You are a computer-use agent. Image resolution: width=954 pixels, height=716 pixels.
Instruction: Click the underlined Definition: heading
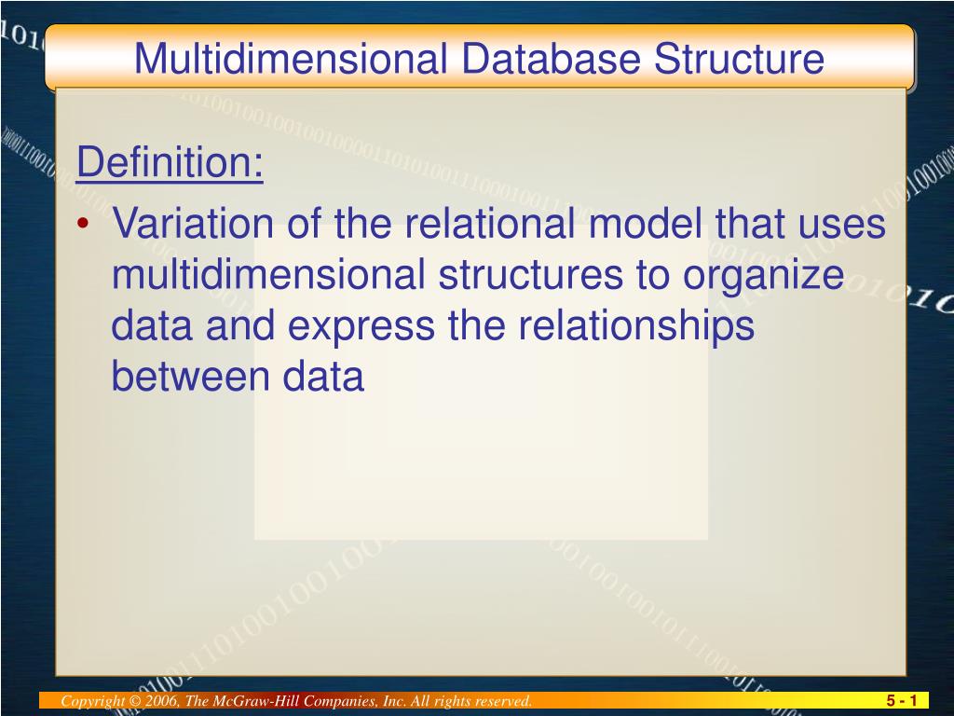tap(170, 164)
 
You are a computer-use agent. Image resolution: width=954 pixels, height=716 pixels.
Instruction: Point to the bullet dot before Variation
tap(85, 225)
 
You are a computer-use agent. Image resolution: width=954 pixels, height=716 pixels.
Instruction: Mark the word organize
tap(766, 276)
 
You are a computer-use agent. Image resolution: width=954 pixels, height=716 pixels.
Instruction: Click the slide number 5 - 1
tap(902, 701)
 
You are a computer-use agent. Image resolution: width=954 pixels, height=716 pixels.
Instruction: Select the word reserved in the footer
tap(501, 701)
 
